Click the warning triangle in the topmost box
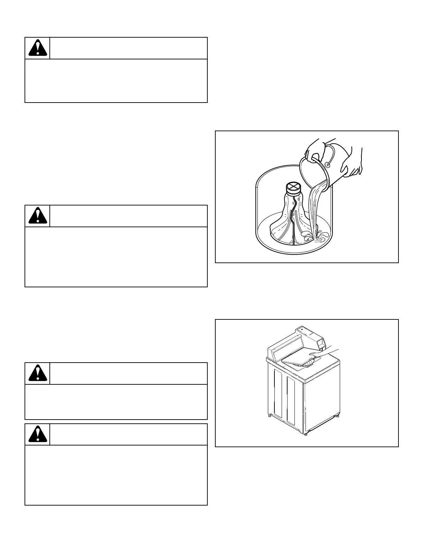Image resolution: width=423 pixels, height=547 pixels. [38, 48]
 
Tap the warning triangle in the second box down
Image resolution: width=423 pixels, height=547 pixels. [38, 216]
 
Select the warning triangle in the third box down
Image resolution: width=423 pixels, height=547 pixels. [38, 373]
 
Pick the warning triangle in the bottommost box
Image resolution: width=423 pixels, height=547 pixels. [38, 434]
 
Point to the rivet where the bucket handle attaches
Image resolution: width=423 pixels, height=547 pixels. [327, 164]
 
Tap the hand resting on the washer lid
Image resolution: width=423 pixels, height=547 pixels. [323, 354]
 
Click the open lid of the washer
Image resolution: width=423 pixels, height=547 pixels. [299, 359]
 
